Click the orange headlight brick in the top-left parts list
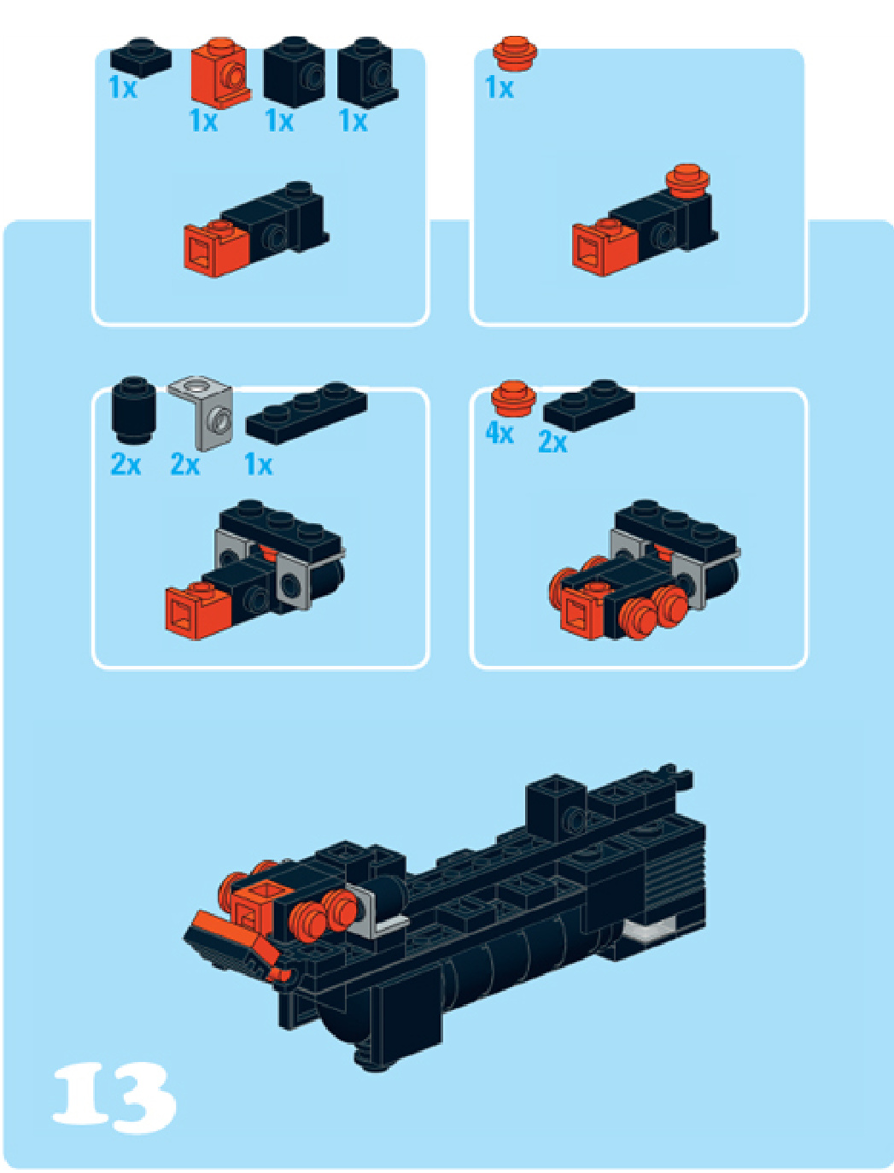(x=220, y=73)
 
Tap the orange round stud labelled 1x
(x=515, y=54)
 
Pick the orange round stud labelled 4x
(x=513, y=398)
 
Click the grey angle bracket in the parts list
(x=202, y=413)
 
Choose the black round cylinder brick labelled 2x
(x=133, y=410)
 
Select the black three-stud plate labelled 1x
(x=307, y=412)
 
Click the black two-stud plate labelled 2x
(x=589, y=406)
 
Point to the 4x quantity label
(x=500, y=432)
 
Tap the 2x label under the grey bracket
(x=185, y=464)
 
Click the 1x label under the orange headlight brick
(x=203, y=121)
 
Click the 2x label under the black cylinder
(x=126, y=464)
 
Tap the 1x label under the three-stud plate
(x=259, y=464)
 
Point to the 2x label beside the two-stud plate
(x=552, y=442)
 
